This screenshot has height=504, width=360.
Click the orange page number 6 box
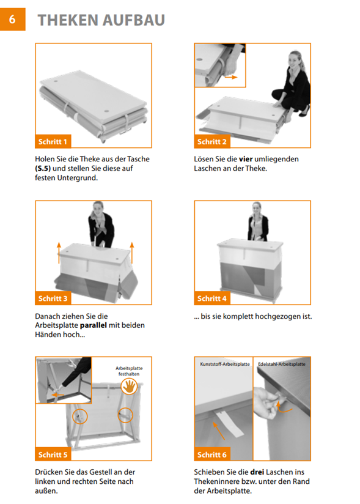click(x=12, y=20)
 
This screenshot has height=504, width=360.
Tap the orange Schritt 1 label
click(x=53, y=141)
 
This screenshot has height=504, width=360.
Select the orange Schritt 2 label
click(x=212, y=141)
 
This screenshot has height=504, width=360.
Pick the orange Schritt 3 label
click(x=53, y=298)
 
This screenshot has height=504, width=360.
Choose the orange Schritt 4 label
click(x=212, y=298)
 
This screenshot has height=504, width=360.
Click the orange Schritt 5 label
click(x=53, y=454)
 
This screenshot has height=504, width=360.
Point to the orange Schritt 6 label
click(x=212, y=454)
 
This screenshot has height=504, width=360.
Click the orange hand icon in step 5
click(x=129, y=386)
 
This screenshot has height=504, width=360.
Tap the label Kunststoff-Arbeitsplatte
click(x=225, y=364)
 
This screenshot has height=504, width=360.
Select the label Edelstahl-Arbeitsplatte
click(x=282, y=364)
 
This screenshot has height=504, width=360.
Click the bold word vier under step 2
click(x=246, y=159)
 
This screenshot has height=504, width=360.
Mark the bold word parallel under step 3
click(x=93, y=325)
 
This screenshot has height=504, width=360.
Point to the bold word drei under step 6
click(x=257, y=472)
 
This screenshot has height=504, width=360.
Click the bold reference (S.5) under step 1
click(x=43, y=168)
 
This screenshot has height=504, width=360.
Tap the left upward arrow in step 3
click(x=59, y=253)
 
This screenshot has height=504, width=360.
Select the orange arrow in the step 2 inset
click(x=231, y=77)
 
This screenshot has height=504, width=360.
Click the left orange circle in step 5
click(x=79, y=417)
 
